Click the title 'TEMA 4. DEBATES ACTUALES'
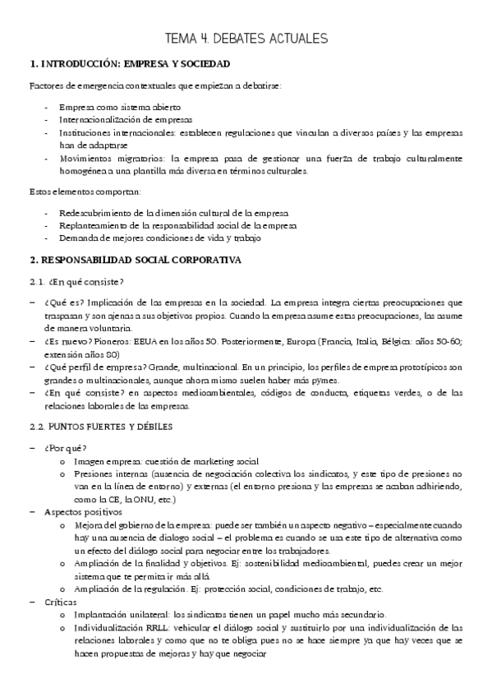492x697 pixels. (x=246, y=38)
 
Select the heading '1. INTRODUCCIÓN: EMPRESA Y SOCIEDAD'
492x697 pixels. (x=129, y=63)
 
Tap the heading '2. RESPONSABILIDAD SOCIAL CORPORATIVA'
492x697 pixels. (x=135, y=261)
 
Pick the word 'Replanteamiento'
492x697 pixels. (x=92, y=225)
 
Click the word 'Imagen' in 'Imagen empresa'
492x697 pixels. (x=89, y=461)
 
